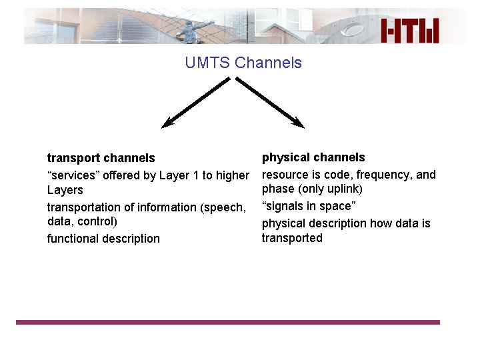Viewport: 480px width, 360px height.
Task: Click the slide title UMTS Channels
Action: click(243, 63)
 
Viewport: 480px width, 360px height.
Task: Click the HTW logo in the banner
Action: click(410, 31)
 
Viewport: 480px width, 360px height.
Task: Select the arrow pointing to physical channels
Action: click(270, 102)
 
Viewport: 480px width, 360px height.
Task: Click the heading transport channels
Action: click(101, 158)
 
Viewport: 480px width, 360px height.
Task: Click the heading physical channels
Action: click(313, 157)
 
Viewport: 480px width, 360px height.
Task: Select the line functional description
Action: click(103, 239)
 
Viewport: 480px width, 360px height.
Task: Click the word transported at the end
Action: click(292, 238)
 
